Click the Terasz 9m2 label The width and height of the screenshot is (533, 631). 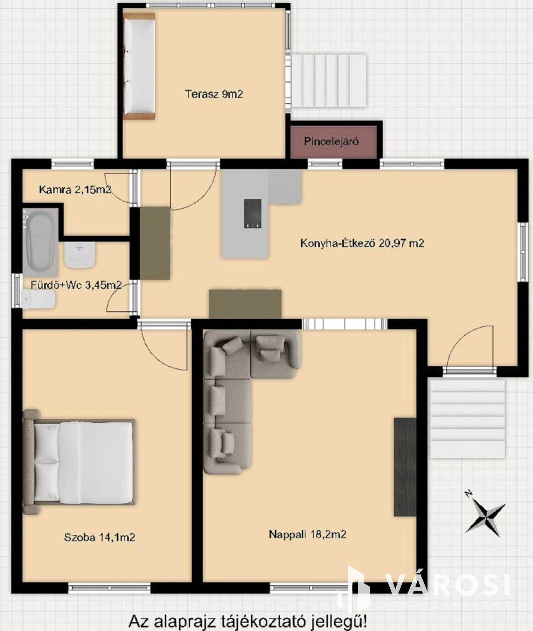(x=214, y=94)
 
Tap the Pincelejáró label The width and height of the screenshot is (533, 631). (x=331, y=142)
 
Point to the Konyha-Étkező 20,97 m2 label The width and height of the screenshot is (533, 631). (x=362, y=243)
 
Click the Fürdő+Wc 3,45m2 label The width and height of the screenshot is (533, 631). (x=76, y=285)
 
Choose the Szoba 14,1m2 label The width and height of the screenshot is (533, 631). (x=100, y=537)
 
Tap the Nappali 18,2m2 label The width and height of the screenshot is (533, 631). (x=307, y=534)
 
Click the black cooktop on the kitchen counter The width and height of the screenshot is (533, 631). (x=253, y=214)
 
